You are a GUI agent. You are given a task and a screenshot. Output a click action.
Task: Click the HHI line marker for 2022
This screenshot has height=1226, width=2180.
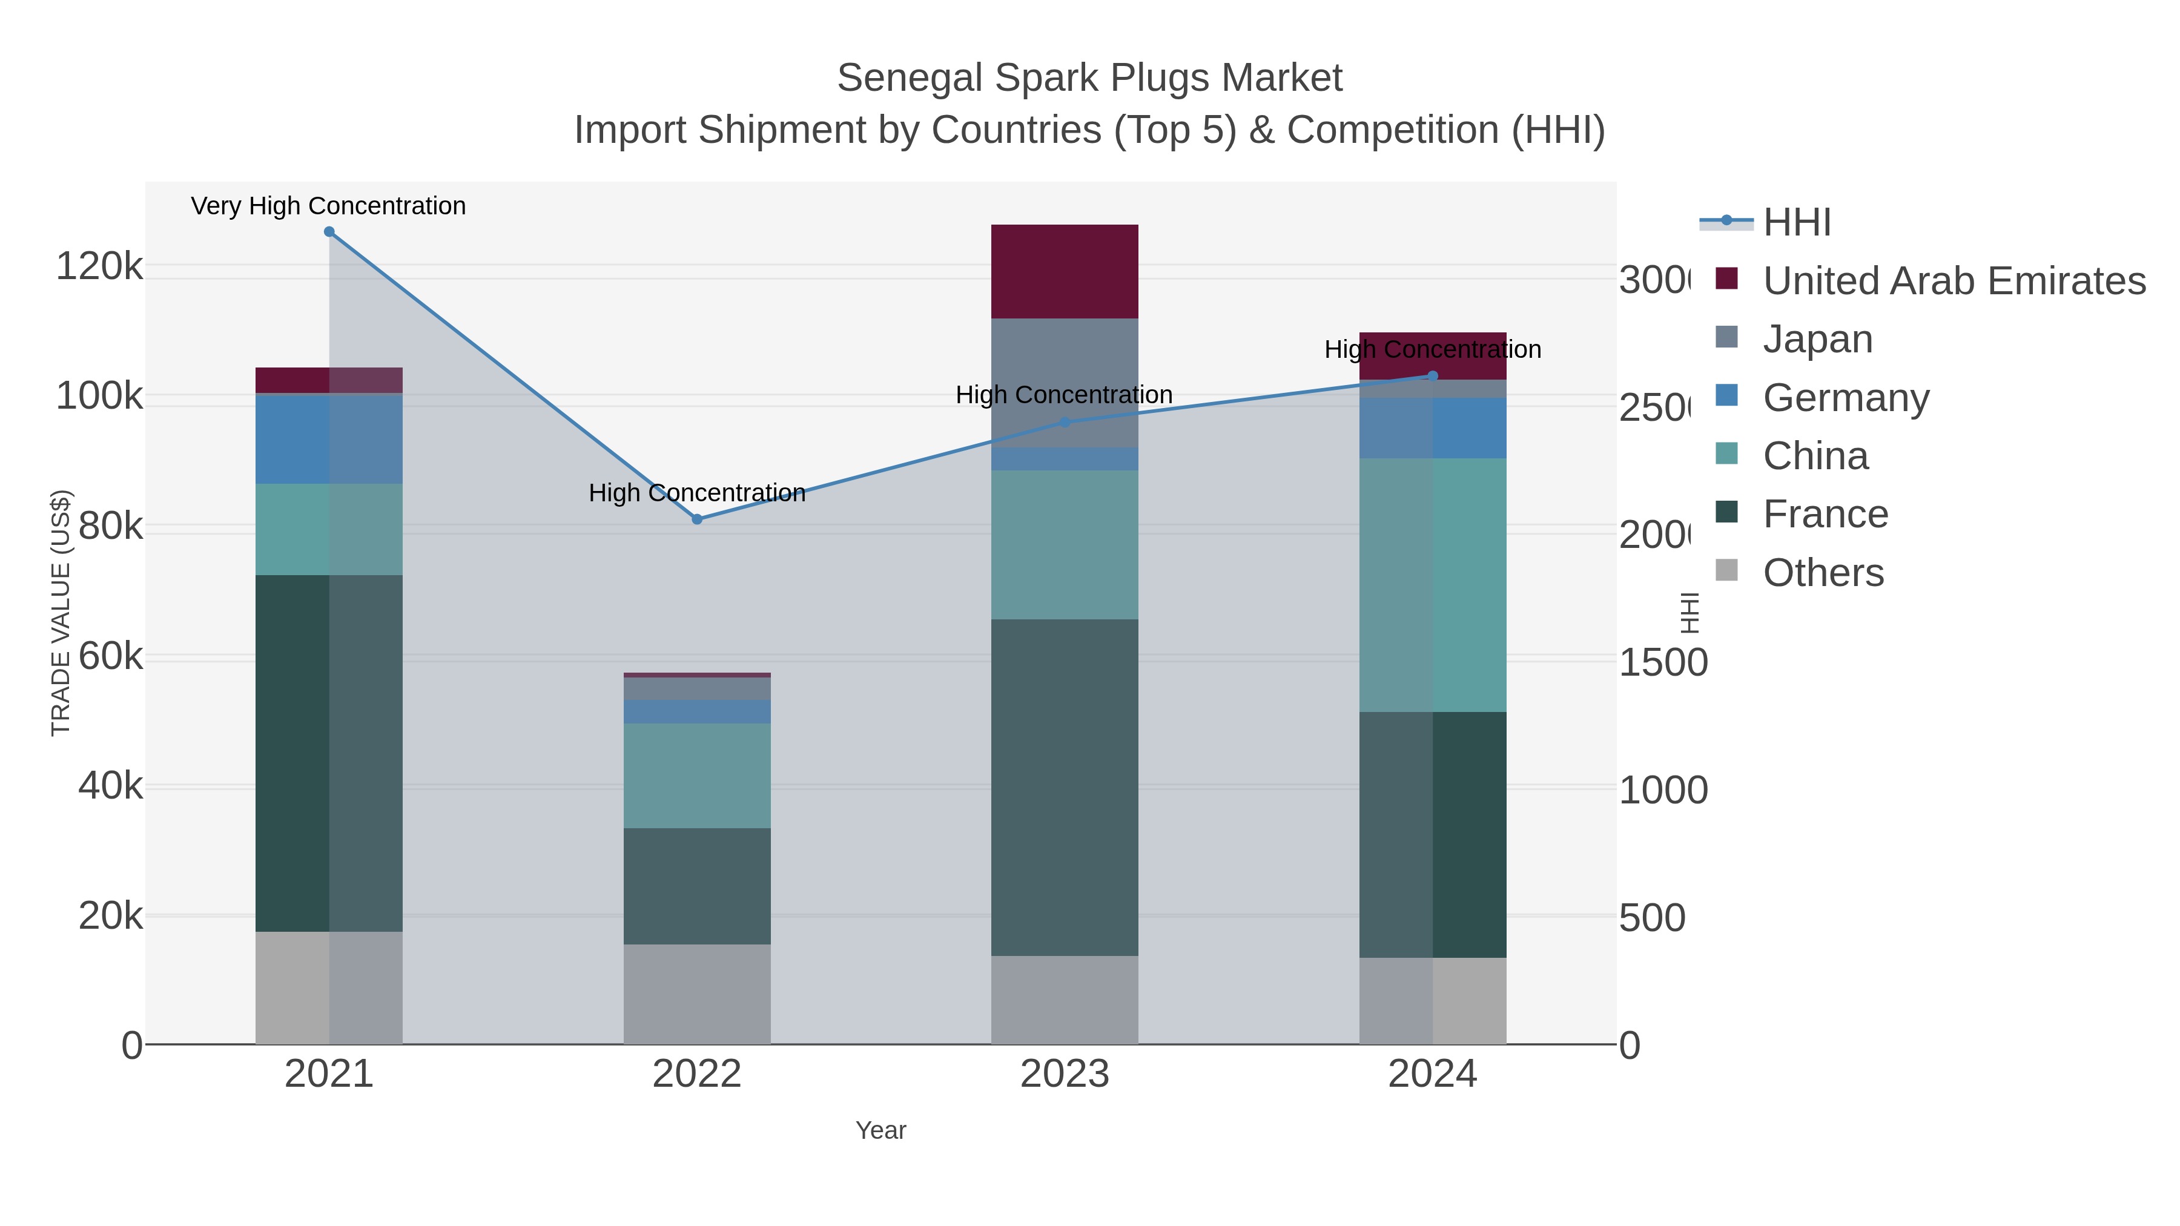tap(696, 519)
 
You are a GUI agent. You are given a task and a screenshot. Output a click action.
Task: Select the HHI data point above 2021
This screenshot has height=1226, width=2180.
tap(329, 232)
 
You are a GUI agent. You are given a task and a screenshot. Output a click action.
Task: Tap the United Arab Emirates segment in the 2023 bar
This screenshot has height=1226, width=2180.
tap(1064, 272)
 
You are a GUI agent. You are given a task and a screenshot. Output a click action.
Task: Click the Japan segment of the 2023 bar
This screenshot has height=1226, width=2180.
tap(1064, 383)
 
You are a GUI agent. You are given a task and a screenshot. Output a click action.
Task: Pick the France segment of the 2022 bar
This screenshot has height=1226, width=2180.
tap(696, 886)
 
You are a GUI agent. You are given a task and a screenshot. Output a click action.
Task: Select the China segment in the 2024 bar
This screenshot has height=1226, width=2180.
tap(1432, 585)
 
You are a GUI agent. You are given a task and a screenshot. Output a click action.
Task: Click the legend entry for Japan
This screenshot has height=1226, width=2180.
tap(1817, 339)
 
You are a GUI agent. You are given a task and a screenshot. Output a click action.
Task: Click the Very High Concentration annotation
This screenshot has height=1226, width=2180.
tap(328, 206)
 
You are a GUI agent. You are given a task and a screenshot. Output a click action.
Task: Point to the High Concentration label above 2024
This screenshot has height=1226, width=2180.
tap(1432, 349)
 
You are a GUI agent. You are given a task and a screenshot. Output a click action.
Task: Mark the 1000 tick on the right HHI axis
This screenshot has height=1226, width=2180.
tap(1662, 790)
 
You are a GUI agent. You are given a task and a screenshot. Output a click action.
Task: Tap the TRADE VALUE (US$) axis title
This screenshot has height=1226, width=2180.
tap(61, 613)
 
